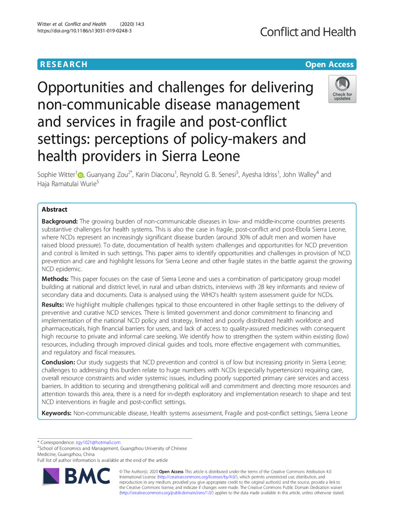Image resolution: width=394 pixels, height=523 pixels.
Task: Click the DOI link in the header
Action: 79,30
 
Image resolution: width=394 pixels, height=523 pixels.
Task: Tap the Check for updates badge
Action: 342,88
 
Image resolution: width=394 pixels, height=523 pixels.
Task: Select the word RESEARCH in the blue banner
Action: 62,64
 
